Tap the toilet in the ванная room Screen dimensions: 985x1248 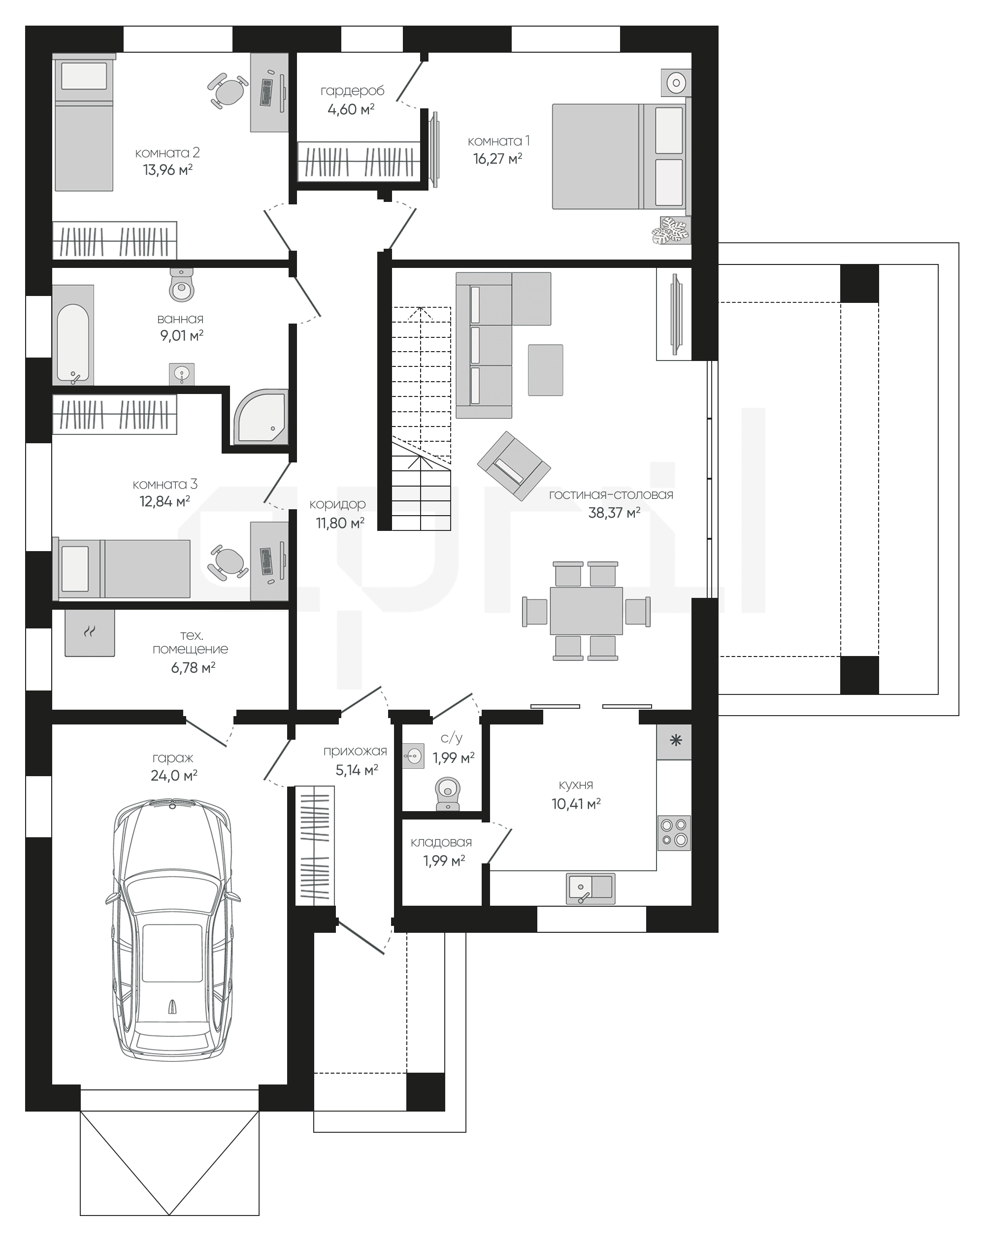182,284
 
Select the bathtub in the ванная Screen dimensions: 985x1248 73,335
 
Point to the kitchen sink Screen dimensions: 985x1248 591,888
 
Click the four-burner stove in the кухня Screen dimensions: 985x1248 674,833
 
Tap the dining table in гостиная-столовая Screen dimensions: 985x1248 586,611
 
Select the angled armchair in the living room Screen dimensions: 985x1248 513,466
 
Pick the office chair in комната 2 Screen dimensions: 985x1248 228,91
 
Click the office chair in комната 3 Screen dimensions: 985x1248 229,561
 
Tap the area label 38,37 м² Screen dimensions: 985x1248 614,512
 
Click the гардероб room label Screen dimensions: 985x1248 352,91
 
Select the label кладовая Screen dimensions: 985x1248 441,842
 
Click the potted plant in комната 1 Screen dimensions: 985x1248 671,230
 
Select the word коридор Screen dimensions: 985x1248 337,504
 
